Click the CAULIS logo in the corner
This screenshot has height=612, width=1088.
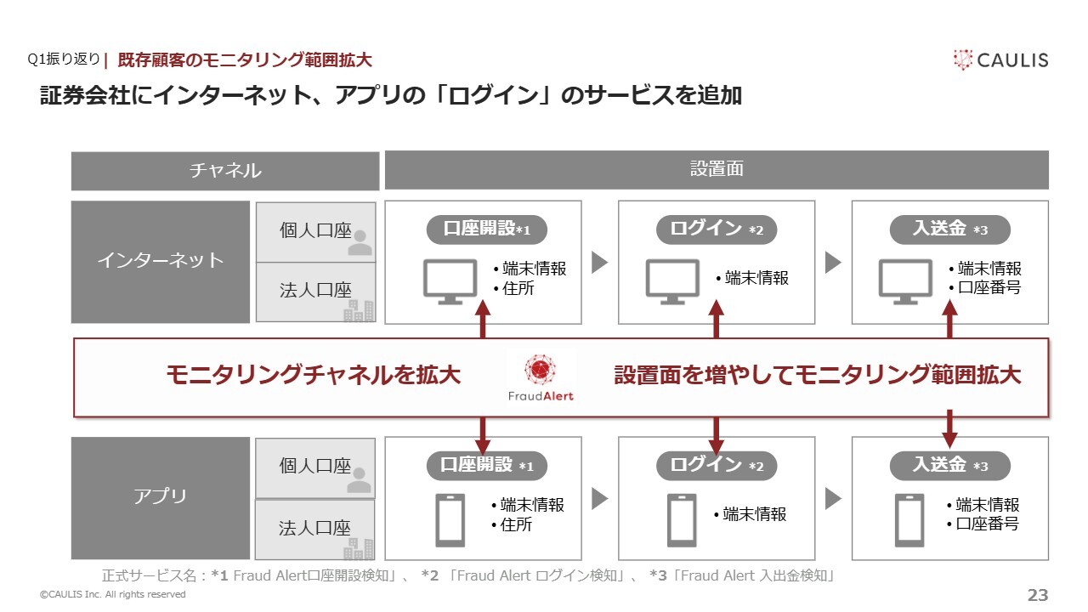pos(1000,60)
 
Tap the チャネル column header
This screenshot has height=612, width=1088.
pos(225,171)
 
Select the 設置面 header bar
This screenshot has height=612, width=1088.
pos(717,169)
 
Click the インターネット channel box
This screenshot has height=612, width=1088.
pos(161,262)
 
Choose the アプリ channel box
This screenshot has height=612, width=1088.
pos(161,498)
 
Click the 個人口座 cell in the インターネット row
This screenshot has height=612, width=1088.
pos(315,232)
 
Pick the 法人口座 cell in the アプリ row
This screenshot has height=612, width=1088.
pos(315,530)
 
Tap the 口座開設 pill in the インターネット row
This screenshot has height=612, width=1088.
pos(487,229)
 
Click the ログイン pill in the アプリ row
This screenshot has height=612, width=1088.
pos(717,466)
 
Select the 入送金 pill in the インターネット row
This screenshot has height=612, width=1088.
pos(950,229)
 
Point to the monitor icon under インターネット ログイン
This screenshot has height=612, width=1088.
pos(672,281)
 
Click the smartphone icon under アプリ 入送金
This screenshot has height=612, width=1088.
pos(909,520)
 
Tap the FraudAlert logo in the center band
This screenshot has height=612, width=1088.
pos(541,378)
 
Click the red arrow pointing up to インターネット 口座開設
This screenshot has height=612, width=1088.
pos(482,319)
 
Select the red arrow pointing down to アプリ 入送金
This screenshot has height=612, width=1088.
pos(949,429)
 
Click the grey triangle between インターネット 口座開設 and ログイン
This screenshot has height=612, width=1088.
pos(599,263)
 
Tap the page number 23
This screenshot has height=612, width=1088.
pos(1038,595)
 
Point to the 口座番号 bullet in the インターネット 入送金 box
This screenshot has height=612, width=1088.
pos(985,287)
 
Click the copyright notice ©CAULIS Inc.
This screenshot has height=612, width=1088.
pos(113,594)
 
